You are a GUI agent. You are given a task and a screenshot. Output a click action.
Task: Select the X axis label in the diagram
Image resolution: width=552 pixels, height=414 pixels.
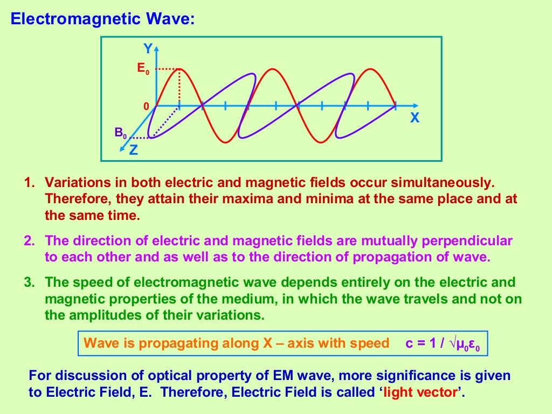(414, 118)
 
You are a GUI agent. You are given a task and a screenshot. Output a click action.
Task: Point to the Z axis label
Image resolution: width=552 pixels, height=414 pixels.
(133, 150)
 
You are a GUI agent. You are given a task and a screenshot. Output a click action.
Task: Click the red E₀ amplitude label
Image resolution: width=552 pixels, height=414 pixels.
(143, 69)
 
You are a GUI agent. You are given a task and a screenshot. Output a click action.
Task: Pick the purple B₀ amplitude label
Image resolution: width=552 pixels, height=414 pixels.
(121, 133)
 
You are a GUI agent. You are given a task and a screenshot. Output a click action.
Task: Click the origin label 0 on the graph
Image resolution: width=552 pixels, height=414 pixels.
(146, 107)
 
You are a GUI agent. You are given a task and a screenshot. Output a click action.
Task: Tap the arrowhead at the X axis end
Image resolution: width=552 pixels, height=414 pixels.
(416, 106)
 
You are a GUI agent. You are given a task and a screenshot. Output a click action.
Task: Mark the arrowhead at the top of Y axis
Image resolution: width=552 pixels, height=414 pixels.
(156, 48)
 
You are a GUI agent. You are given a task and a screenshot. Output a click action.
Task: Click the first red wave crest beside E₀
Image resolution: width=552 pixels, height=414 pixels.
(179, 70)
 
